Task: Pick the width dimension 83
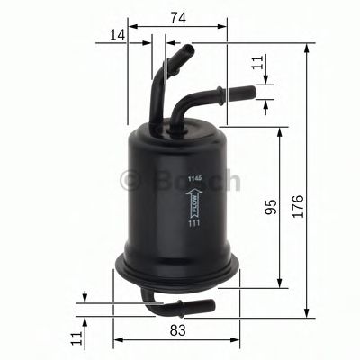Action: (x=176, y=331)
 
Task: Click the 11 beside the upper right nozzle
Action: (x=258, y=64)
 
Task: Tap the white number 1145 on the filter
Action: (x=193, y=180)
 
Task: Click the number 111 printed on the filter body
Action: (x=193, y=237)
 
